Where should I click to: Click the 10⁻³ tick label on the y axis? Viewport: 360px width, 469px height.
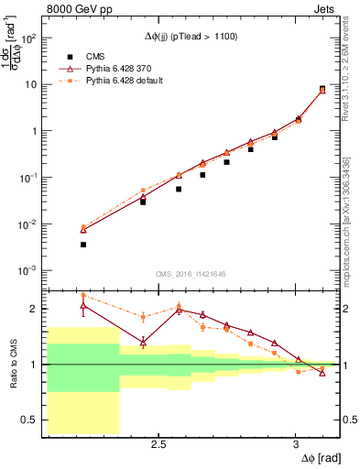click(28, 271)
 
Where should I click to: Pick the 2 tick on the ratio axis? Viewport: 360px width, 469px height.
click(33, 309)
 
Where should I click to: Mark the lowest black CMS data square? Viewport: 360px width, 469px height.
click(83, 245)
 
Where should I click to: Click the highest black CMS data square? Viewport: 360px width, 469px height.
click(322, 89)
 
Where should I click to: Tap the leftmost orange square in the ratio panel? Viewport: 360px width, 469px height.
click(83, 295)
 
